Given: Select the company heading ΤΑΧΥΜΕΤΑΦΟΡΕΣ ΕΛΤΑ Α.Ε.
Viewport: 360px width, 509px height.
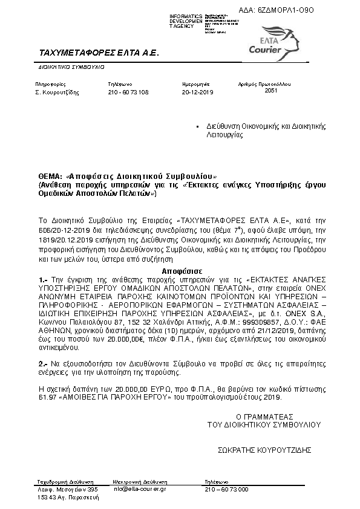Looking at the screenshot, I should coord(98,53).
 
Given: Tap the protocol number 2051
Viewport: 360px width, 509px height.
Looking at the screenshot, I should coord(271,90).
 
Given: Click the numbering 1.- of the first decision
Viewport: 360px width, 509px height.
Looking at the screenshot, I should coord(42,280).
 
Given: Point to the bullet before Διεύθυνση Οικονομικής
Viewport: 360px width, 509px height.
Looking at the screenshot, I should coord(197,127).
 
